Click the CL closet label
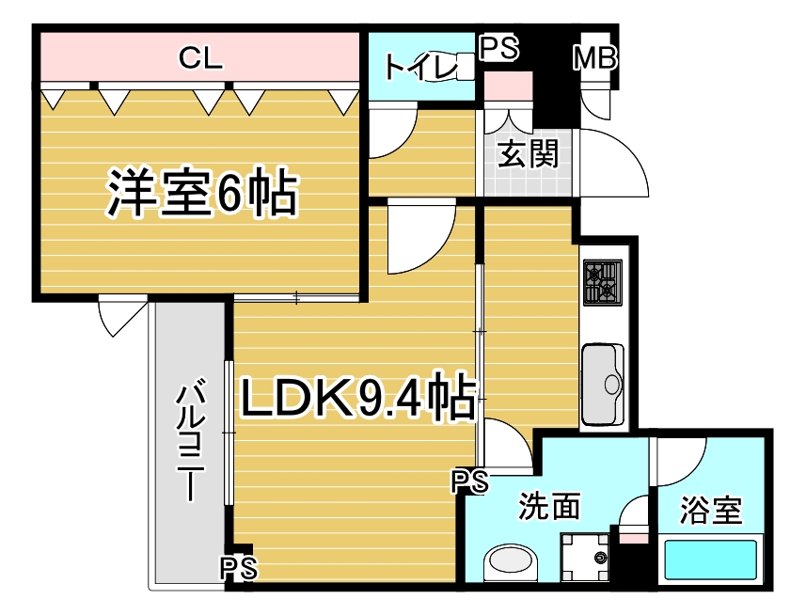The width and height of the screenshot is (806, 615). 200,57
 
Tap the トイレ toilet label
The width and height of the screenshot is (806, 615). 420,68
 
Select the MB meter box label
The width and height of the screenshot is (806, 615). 594,57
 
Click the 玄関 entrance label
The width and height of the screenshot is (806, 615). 528,153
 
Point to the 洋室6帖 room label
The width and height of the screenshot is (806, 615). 202,192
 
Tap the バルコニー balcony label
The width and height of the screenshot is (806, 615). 191,439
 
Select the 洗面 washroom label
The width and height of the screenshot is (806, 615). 549,506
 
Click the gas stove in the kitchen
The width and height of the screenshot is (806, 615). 603,282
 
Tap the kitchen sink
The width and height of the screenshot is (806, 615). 603,384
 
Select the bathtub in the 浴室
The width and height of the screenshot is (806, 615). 711,560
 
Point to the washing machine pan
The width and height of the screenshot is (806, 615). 584,558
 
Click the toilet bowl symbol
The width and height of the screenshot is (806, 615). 465,68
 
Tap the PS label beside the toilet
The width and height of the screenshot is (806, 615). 498,48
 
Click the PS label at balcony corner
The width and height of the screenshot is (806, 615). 239,569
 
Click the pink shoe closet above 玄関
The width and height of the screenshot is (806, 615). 508,86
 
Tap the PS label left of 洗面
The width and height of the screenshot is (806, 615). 470,481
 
